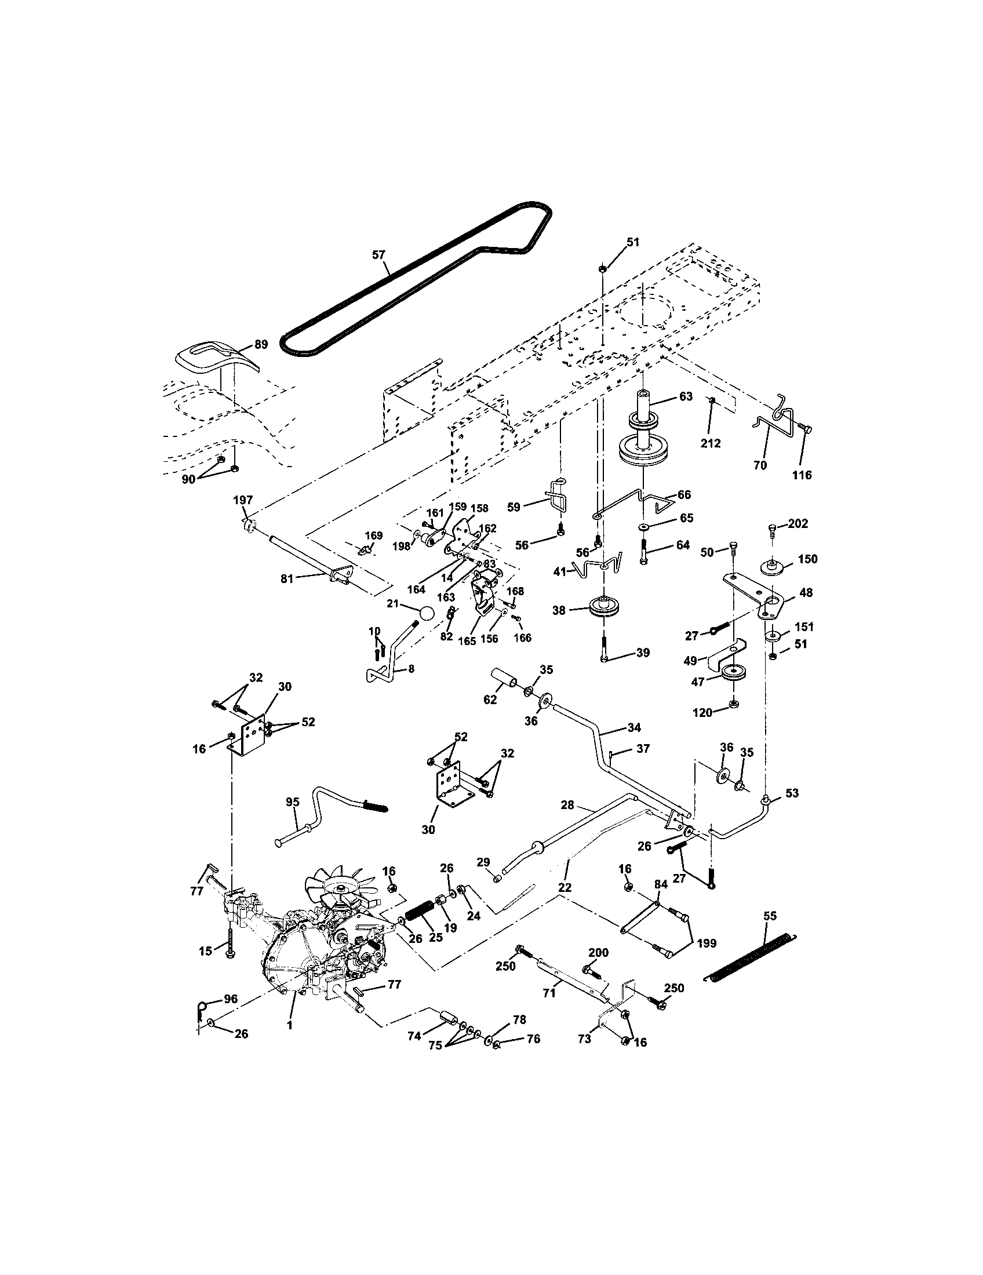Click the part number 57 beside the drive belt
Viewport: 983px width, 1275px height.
[379, 254]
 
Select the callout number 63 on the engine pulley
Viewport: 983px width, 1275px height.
[686, 396]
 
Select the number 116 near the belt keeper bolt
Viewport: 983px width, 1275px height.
[802, 475]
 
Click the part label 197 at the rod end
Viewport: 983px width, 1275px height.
[243, 500]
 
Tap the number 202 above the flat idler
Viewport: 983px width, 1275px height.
[798, 524]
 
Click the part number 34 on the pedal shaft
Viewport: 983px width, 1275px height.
[634, 727]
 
